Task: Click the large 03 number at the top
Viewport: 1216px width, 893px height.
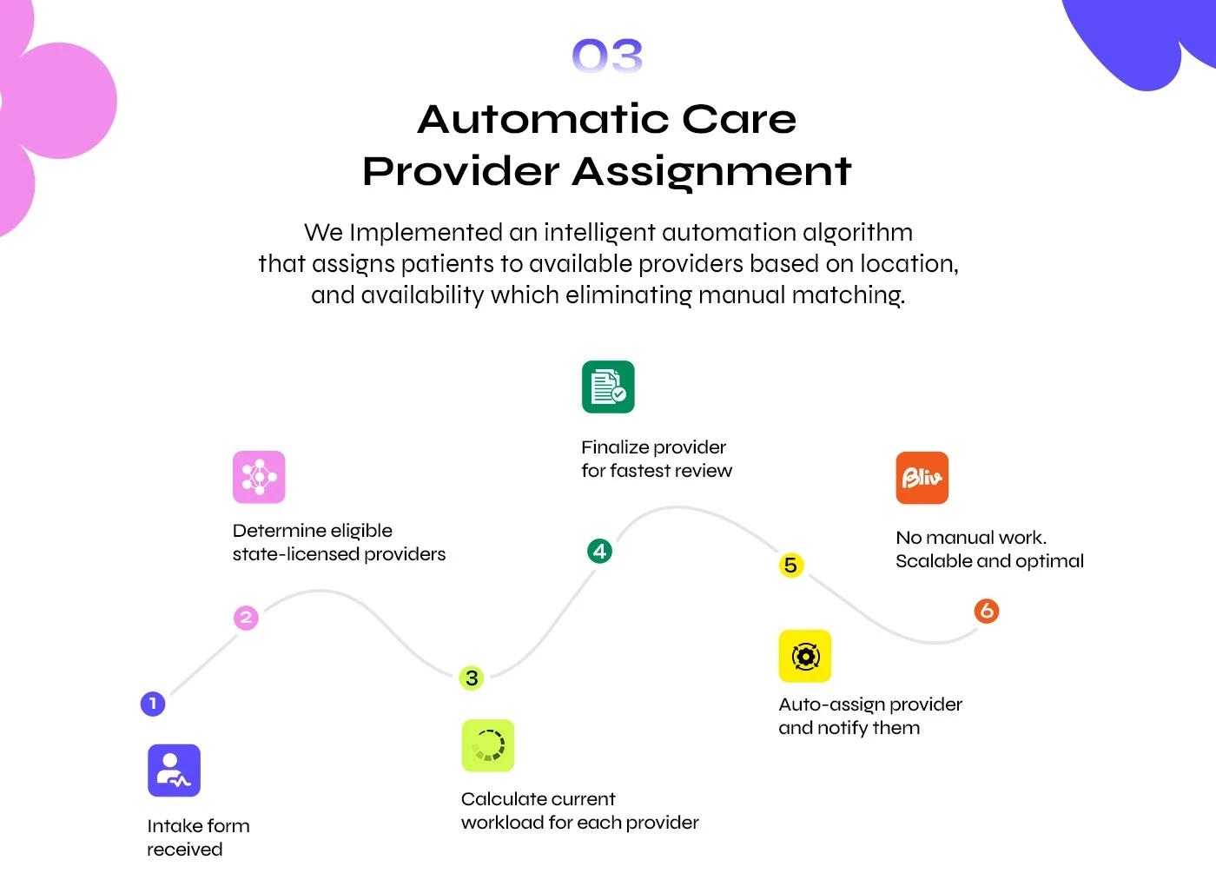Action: (607, 56)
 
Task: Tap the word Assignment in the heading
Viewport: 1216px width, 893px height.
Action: (711, 171)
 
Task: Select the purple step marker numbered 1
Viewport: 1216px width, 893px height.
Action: (153, 704)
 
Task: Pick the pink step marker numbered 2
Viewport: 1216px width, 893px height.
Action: (246, 618)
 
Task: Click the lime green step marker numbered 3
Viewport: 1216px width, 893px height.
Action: (472, 678)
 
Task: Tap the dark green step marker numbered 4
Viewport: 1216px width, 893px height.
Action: (599, 551)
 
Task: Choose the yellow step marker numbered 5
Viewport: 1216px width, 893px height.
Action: (790, 566)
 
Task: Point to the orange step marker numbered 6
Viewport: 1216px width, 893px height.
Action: (987, 611)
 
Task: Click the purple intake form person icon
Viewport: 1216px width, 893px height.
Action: (174, 771)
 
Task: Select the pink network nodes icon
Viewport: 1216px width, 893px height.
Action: (259, 477)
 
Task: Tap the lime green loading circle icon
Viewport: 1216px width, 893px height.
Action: (488, 745)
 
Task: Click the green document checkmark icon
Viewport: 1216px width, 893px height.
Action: (608, 387)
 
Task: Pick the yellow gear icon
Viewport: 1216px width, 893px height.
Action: (805, 656)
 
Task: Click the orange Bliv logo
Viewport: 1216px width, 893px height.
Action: (922, 478)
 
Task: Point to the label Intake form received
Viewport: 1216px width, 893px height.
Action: (198, 837)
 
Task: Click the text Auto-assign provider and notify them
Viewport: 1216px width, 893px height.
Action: (869, 716)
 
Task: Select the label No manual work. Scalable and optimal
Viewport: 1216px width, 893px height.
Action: (989, 549)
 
